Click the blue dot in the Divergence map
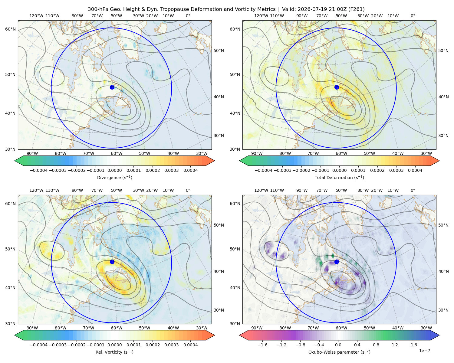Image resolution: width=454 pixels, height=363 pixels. (112, 87)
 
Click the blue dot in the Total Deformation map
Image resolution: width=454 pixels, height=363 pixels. (337, 87)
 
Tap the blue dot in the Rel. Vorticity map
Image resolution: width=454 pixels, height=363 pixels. (112, 262)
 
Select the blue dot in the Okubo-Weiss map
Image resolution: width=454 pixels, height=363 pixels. (337, 262)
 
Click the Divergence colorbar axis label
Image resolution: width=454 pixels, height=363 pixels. (114, 177)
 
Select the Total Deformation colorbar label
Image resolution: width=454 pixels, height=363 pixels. (339, 177)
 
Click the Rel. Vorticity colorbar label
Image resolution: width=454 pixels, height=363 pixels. (114, 352)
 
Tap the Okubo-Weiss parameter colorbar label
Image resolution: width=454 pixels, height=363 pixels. (339, 352)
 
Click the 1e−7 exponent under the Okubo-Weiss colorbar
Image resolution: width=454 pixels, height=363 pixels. (424, 351)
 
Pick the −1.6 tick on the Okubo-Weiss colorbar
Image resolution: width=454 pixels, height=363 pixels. (262, 345)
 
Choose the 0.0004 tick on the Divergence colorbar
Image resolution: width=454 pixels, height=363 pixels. (190, 170)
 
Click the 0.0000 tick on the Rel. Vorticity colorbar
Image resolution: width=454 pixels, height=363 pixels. (114, 345)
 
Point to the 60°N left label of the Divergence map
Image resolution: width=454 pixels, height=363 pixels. (10, 29)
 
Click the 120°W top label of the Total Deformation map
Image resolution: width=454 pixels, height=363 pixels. (261, 16)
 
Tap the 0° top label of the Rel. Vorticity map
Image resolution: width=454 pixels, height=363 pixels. (188, 190)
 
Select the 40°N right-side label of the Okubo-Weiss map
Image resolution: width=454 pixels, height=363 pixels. (443, 271)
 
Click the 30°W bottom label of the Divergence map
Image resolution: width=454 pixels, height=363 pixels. (202, 153)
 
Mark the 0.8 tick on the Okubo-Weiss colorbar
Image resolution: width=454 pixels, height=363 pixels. (376, 345)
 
